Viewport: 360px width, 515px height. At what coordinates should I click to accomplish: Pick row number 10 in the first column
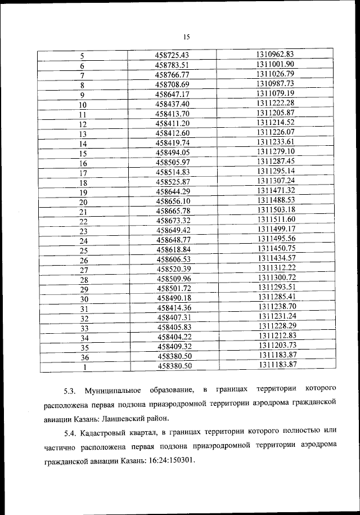click(83, 105)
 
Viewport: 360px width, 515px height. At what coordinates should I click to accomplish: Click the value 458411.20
click(173, 123)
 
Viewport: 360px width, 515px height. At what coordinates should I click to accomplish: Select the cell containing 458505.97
click(173, 162)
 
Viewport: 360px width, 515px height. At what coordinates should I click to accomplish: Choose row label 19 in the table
click(83, 192)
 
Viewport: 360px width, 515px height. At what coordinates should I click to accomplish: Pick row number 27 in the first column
click(84, 270)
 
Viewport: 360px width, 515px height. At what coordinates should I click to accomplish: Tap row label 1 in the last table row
click(84, 368)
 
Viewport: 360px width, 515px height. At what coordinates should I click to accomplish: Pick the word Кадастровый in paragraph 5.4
click(105, 433)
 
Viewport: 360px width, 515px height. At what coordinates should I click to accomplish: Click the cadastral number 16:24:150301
click(168, 461)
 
